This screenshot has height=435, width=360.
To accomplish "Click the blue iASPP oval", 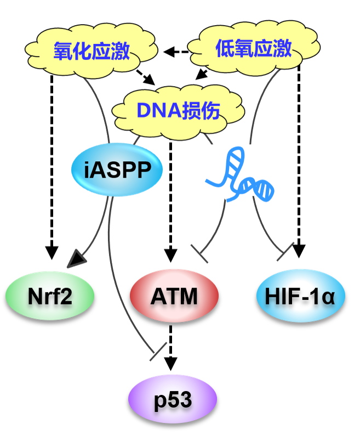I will [117, 170].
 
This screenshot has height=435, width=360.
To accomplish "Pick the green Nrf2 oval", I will [50, 296].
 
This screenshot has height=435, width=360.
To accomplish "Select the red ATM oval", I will [174, 296].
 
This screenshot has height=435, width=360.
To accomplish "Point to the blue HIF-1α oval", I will [301, 296].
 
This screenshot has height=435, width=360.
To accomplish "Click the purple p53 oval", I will [173, 400].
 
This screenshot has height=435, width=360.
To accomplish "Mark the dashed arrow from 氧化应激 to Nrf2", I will [52, 165].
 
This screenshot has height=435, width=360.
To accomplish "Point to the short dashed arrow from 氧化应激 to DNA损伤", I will [146, 77].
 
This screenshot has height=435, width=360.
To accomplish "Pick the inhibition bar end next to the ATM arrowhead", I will [199, 255].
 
